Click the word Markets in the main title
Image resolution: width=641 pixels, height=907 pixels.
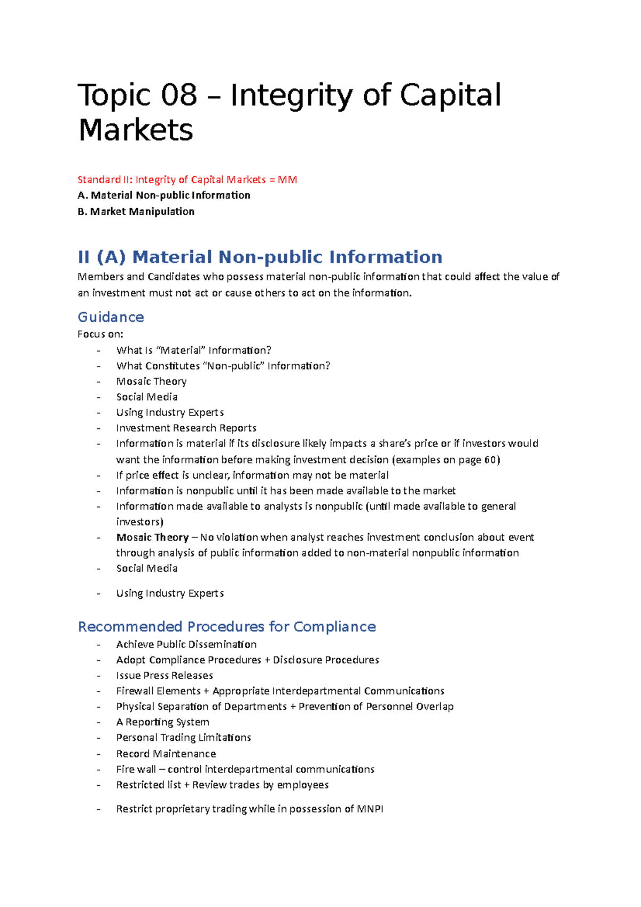point(136,130)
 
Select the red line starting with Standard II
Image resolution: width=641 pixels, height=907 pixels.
point(187,179)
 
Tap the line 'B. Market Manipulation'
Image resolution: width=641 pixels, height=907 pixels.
point(136,212)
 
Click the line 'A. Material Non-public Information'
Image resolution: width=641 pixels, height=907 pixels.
point(163,196)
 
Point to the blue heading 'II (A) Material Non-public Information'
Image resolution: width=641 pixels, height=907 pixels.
point(260,257)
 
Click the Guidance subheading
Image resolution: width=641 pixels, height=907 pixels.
point(111,317)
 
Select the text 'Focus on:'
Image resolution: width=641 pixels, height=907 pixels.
point(100,334)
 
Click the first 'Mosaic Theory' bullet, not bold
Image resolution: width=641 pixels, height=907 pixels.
point(151,381)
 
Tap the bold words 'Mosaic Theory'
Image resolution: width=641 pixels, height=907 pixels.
point(152,537)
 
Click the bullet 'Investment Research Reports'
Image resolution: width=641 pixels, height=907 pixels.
point(186,428)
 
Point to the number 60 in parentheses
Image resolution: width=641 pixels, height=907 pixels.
point(490,460)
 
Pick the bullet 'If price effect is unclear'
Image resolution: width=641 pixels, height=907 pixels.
point(252,475)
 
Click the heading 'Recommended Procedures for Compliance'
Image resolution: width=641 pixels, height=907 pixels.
point(226,627)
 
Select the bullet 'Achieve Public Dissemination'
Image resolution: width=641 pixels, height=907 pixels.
point(186,645)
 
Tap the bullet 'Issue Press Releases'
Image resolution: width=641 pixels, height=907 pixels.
point(165,676)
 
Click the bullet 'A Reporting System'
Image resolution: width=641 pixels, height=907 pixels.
point(162,722)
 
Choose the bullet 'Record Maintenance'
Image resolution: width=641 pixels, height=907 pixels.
point(166,754)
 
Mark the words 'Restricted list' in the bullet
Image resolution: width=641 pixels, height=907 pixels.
point(148,785)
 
